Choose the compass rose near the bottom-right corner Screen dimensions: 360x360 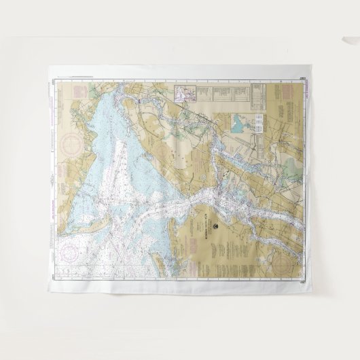293,270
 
